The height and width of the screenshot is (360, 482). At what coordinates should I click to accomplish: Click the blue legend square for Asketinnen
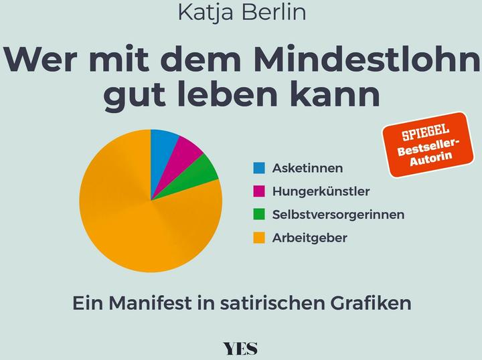[259, 167]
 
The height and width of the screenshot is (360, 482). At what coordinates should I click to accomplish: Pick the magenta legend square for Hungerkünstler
[259, 191]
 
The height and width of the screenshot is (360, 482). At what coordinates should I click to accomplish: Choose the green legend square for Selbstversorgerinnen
[259, 214]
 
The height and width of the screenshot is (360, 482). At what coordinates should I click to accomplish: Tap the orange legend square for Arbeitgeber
[259, 238]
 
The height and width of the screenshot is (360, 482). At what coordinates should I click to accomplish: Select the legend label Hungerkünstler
[321, 191]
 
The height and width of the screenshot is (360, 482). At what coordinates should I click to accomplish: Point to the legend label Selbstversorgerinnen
[338, 215]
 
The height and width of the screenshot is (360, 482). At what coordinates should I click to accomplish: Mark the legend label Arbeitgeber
[310, 238]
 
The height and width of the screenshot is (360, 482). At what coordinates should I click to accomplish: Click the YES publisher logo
[240, 348]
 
